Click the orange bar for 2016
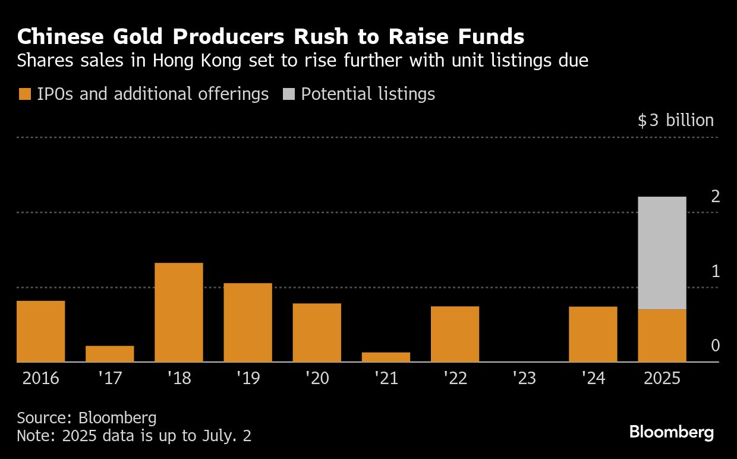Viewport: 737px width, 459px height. [x=40, y=331]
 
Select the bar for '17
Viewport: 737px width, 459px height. [x=109, y=354]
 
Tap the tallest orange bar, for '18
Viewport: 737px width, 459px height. [x=178, y=312]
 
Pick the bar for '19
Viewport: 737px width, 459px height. [x=248, y=322]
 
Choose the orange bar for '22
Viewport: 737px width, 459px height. [x=455, y=334]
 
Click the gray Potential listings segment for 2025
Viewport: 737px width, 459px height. [x=662, y=253]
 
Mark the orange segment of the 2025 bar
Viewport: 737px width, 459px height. [x=662, y=335]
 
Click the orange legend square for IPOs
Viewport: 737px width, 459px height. [x=24, y=94]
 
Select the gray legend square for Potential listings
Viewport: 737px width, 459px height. [x=288, y=94]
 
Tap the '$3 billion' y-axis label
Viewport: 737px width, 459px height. [x=675, y=121]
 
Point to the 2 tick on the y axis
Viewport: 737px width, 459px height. [x=716, y=196]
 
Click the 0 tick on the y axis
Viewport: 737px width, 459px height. [x=716, y=346]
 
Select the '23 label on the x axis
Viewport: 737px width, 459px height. [x=524, y=378]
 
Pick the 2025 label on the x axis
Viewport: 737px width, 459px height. [x=662, y=378]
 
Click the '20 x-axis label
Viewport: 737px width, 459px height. [x=317, y=378]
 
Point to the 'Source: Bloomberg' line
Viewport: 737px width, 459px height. [x=86, y=417]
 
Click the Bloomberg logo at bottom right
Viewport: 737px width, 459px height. [x=671, y=432]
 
